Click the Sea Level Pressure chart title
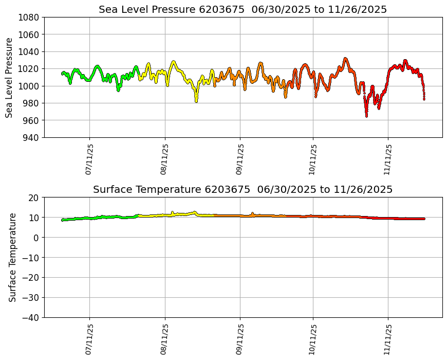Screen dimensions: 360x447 pyautogui.click(x=243, y=10)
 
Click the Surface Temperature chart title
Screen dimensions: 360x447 pyautogui.click(x=243, y=190)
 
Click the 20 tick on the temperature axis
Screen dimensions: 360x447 pyautogui.click(x=33, y=197)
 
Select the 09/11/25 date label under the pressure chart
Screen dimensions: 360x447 pyautogui.click(x=240, y=160)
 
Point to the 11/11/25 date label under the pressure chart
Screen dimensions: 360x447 pyautogui.click(x=388, y=160)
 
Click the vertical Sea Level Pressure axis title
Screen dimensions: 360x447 pyautogui.click(x=10, y=77)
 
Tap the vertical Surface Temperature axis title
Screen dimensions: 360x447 pyautogui.click(x=12, y=257)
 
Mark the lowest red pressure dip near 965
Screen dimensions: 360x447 pyautogui.click(x=366, y=116)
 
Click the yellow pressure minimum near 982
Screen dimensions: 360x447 pyautogui.click(x=196, y=101)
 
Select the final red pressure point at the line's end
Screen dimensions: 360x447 pyautogui.click(x=424, y=99)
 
